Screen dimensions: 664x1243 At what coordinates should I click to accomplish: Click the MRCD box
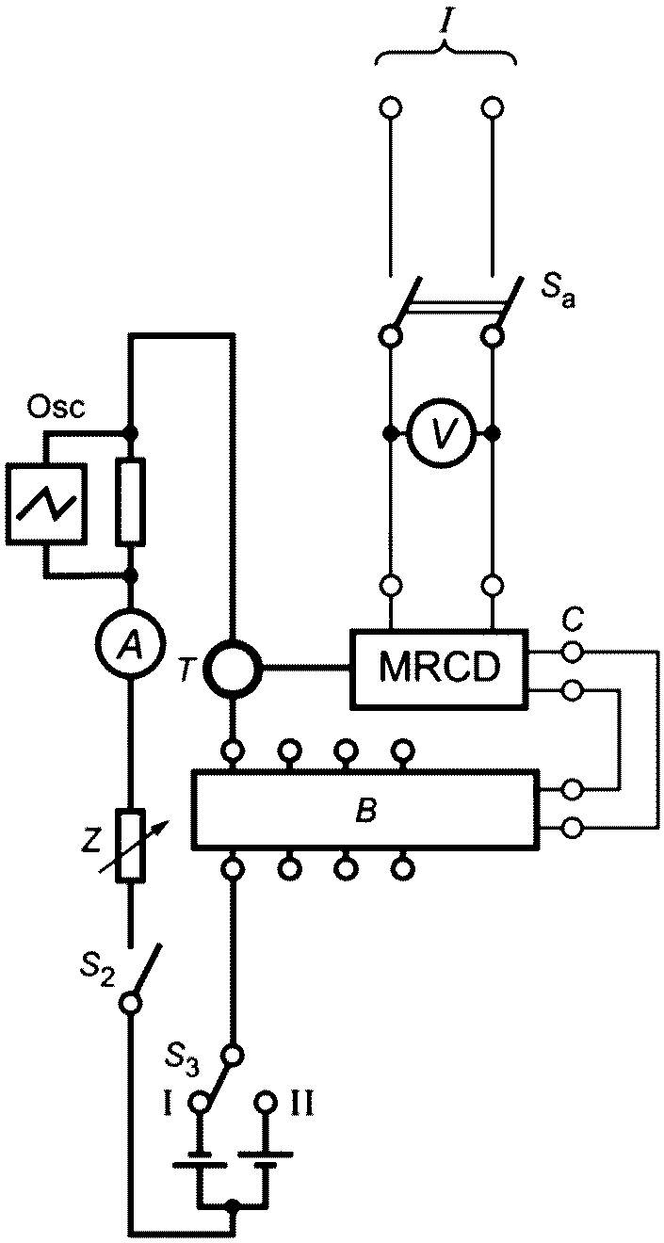coord(439,669)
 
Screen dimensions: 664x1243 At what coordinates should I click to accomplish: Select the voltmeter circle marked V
coord(442,432)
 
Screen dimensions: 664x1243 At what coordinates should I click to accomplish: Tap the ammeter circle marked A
coord(131,644)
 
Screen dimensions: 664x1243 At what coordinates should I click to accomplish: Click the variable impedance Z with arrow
coord(131,845)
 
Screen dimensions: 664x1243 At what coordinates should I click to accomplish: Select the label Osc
coord(57,408)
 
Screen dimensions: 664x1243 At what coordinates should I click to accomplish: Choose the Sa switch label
coord(559,294)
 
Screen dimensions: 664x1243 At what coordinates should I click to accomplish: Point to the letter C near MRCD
coord(572,621)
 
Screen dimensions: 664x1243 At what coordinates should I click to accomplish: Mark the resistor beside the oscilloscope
coord(131,501)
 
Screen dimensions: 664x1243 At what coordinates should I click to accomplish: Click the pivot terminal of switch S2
coord(131,1003)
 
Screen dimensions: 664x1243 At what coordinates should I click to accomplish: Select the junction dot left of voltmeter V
coord(392,432)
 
